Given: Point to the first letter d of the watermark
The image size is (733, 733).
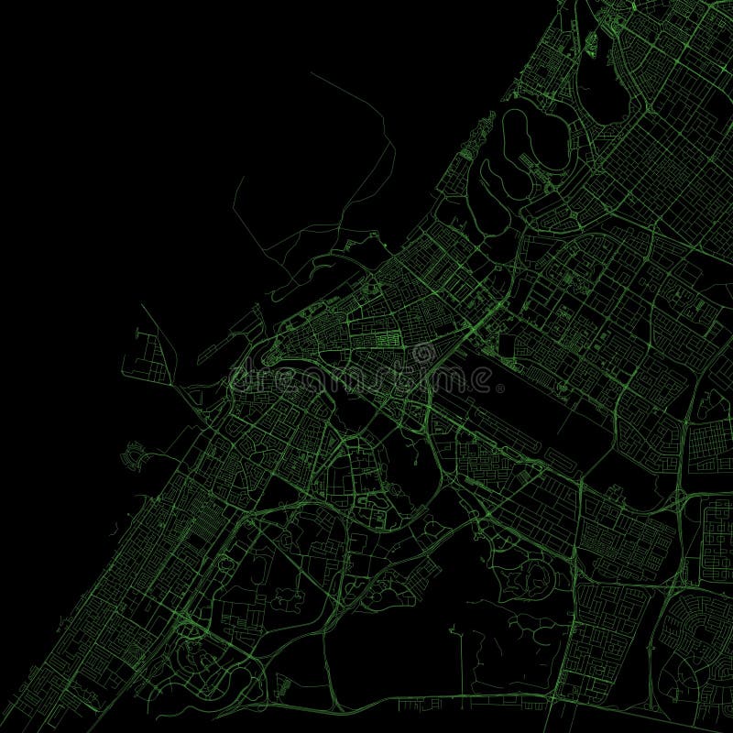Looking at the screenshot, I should [240, 376].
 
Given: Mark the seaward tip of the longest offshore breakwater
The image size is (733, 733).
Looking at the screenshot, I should [312, 73].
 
